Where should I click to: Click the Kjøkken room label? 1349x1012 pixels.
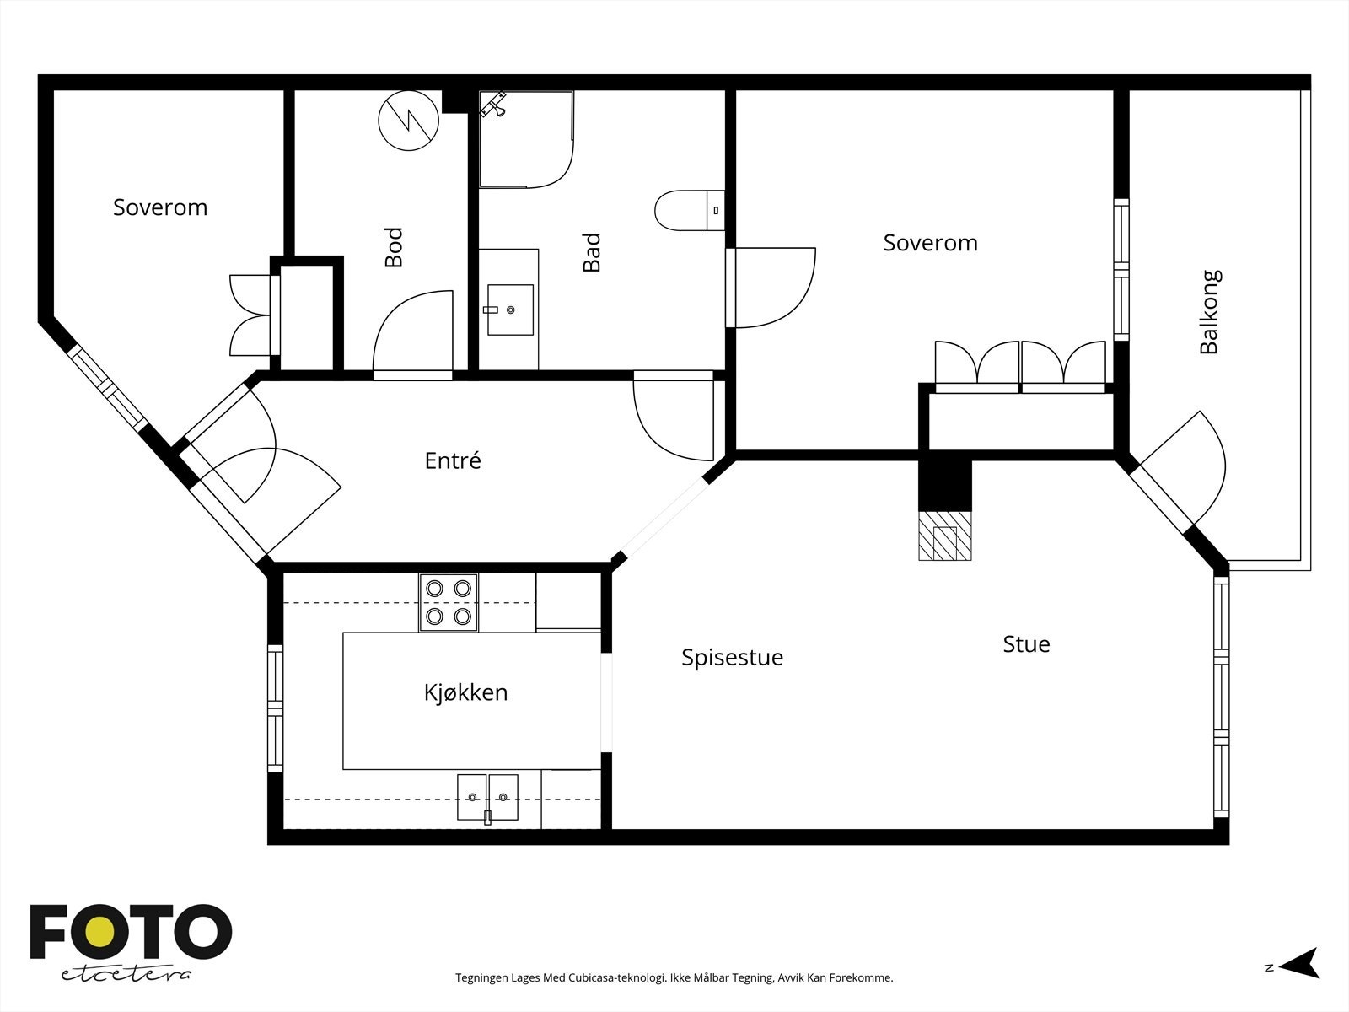[466, 692]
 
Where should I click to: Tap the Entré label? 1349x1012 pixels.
[453, 460]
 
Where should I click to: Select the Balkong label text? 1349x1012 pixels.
[1210, 311]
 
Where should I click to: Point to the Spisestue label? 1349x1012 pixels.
[732, 658]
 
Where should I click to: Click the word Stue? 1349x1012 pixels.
[1026, 644]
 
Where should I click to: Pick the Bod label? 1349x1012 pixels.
[394, 247]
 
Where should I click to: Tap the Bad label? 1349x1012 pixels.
[591, 252]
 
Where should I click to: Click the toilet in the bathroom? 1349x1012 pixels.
[690, 210]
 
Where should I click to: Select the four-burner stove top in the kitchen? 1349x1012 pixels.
[448, 603]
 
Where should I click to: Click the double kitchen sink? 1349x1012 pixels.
[487, 798]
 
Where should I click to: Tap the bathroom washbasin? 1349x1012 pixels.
[510, 310]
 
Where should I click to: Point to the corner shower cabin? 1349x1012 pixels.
[526, 139]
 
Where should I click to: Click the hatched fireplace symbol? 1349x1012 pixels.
[945, 536]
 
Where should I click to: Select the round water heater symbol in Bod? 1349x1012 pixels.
[409, 121]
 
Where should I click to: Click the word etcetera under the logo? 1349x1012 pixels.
[126, 975]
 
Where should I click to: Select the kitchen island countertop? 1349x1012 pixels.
[471, 701]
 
